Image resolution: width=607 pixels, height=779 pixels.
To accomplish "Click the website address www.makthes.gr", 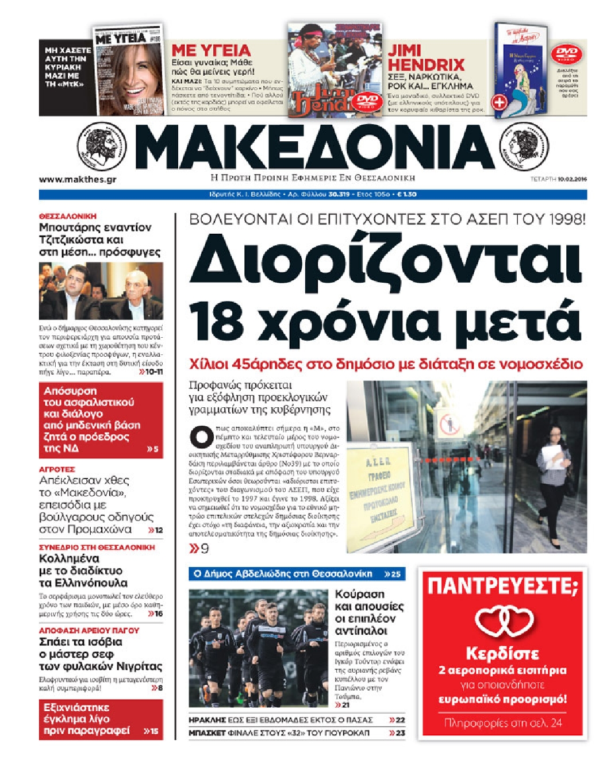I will pos(78,179).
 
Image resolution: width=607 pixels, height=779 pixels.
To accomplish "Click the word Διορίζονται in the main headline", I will pos(385,259).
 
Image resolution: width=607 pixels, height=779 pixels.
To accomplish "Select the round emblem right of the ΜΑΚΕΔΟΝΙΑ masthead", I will pos(524,147).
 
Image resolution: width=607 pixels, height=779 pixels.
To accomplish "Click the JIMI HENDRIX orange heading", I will pos(426,57).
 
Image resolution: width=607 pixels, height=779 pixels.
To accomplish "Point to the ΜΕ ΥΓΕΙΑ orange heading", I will pos(211,50).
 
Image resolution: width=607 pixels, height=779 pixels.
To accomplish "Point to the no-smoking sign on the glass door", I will pos(451,426).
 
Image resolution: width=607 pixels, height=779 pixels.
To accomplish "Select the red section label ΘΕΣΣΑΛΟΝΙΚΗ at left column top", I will pos(68,216).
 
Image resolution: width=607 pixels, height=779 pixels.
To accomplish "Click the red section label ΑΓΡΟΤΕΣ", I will pos(57,469).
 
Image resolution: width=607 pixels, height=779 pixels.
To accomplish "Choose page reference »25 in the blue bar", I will pos(393,574).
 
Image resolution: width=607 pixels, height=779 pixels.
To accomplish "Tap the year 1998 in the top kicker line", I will pos(566,219).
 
